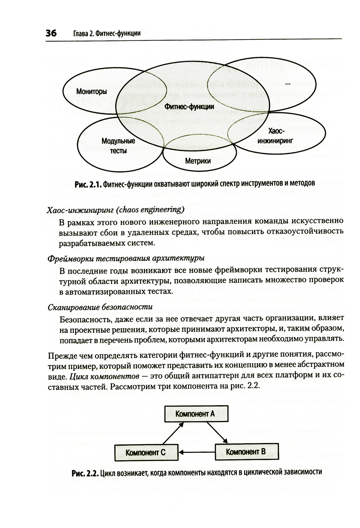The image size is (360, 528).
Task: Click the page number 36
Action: point(51,33)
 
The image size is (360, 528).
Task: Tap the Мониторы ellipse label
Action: point(91,91)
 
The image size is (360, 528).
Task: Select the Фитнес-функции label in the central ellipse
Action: point(189,107)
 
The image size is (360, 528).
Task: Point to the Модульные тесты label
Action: point(118,146)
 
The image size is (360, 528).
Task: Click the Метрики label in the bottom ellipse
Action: point(198,161)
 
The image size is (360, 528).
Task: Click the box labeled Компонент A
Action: point(195,414)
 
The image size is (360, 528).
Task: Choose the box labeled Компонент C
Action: point(145,452)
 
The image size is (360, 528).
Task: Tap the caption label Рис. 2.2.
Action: point(85,473)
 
